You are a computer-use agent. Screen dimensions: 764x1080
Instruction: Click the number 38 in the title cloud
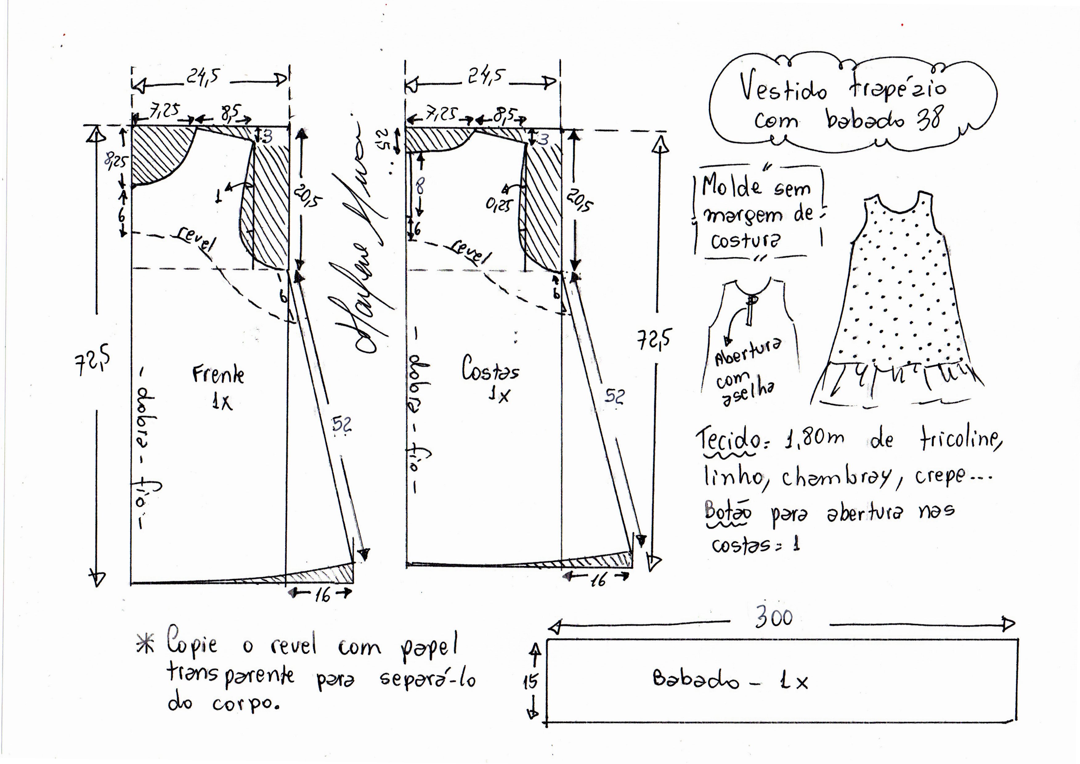pos(929,118)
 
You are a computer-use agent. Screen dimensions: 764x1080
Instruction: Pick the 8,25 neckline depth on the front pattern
pos(115,161)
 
